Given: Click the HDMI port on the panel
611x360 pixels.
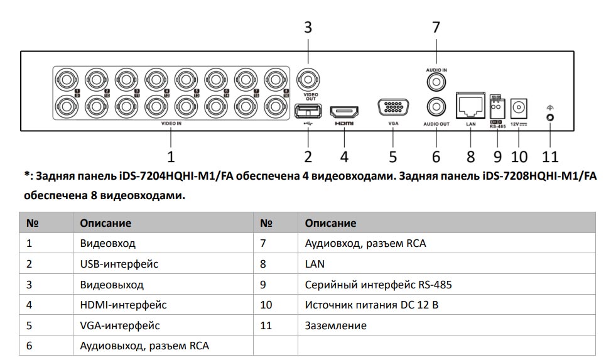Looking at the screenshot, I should (x=344, y=113).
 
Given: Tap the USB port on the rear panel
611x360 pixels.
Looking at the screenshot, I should (x=308, y=111).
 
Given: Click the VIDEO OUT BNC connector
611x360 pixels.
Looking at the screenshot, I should (x=308, y=80).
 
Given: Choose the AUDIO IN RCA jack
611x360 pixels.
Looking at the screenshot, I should (x=435, y=81).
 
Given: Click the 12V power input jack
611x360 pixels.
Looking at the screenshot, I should (x=519, y=107).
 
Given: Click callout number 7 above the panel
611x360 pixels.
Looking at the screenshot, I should (x=436, y=28).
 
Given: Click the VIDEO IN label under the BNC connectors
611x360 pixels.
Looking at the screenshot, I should (x=171, y=124).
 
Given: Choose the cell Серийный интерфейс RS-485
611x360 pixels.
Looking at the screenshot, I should (x=378, y=285).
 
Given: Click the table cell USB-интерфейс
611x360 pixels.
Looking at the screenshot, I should (x=119, y=264).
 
